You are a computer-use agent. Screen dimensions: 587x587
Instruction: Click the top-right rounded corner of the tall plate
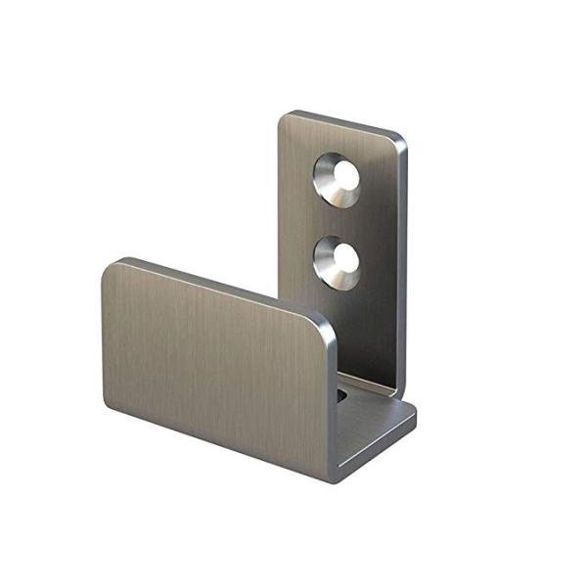[x=399, y=138]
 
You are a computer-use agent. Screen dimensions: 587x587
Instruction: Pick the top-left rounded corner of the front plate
[x=110, y=267]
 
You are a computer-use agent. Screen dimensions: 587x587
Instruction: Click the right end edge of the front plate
[x=333, y=401]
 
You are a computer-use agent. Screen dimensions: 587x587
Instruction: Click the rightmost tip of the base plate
[x=414, y=411]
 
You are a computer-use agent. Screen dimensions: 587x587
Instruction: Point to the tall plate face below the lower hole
[x=342, y=323]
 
